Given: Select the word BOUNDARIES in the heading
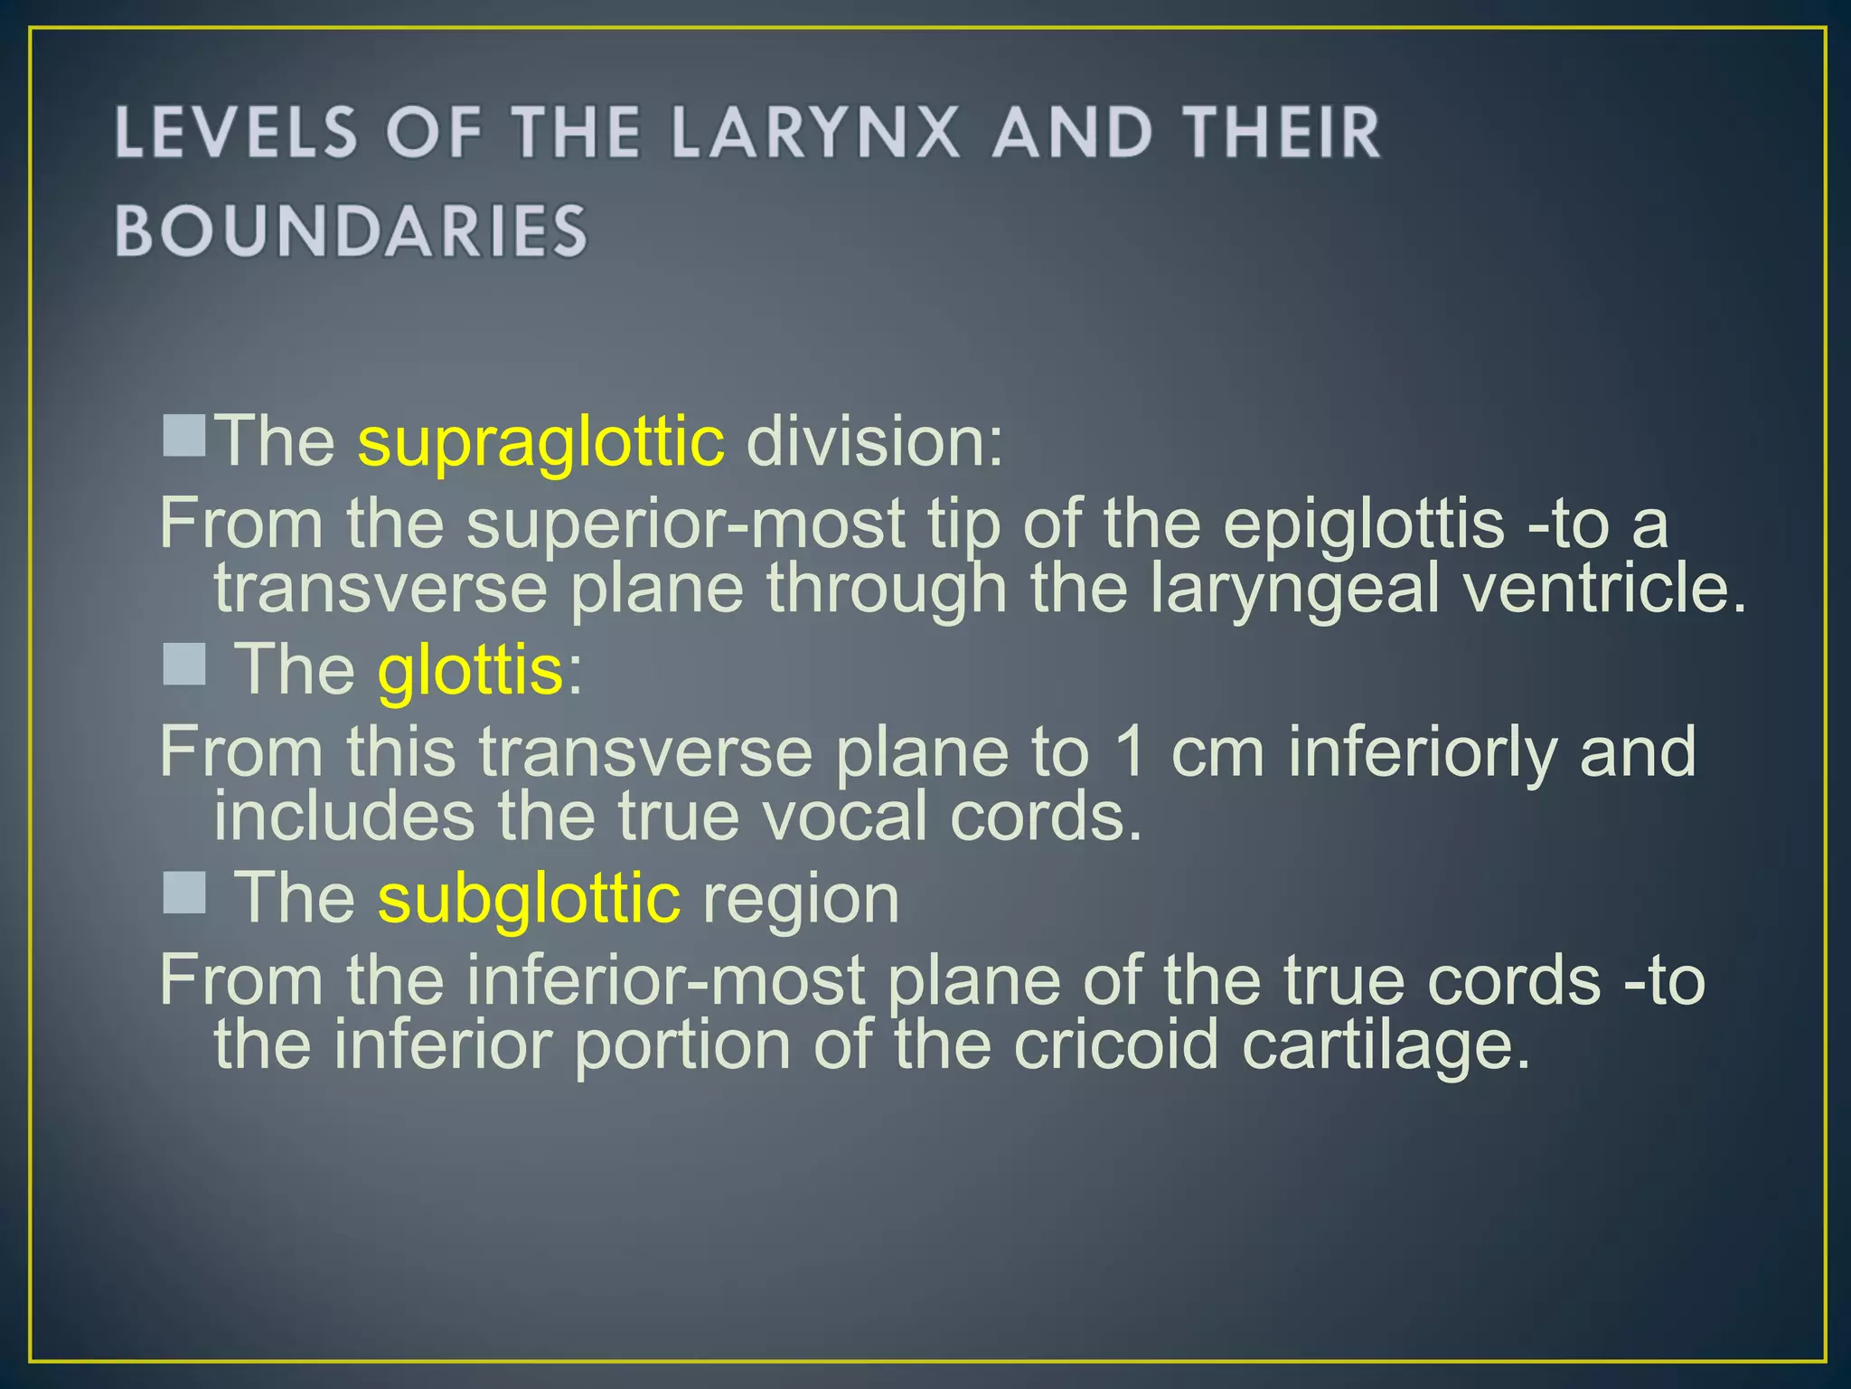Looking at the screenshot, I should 352,231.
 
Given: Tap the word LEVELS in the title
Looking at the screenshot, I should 237,132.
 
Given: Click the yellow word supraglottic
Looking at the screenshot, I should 540,442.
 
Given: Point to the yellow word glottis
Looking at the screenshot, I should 471,670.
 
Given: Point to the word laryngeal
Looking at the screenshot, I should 1294,591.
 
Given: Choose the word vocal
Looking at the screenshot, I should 845,817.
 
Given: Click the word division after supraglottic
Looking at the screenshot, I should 874,442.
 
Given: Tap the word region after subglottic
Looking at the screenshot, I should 801,901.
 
